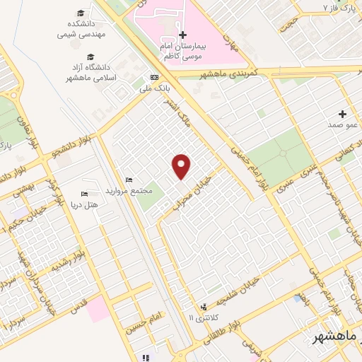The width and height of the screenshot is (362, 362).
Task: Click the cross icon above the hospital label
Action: pyautogui.click(x=182, y=35)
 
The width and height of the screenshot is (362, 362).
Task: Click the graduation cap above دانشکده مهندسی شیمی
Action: pyautogui.click(x=81, y=13)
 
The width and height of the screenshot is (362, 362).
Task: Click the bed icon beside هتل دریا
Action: pyautogui.click(x=84, y=194)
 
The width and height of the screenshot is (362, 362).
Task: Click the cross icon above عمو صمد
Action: pyautogui.click(x=343, y=114)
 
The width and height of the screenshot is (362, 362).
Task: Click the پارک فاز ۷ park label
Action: pyautogui.click(x=339, y=8)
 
